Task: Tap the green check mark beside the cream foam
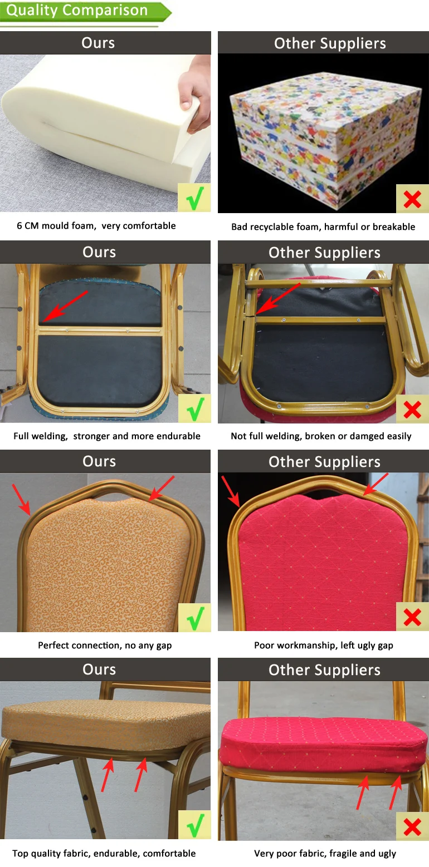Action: [x=194, y=198]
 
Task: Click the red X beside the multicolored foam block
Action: [x=412, y=198]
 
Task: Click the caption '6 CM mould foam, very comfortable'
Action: [x=96, y=226]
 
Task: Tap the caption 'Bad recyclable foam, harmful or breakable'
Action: [x=323, y=226]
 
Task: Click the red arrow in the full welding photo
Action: [x=64, y=306]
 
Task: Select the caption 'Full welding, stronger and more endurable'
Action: [x=107, y=436]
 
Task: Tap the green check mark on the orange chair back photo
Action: [x=194, y=617]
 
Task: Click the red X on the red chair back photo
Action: [x=412, y=617]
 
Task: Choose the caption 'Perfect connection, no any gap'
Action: [x=105, y=646]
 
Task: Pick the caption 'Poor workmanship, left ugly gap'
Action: [x=323, y=646]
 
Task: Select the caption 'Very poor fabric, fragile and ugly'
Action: [x=325, y=854]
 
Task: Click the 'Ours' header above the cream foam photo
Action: [x=98, y=43]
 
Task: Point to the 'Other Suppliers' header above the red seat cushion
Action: [x=324, y=670]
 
